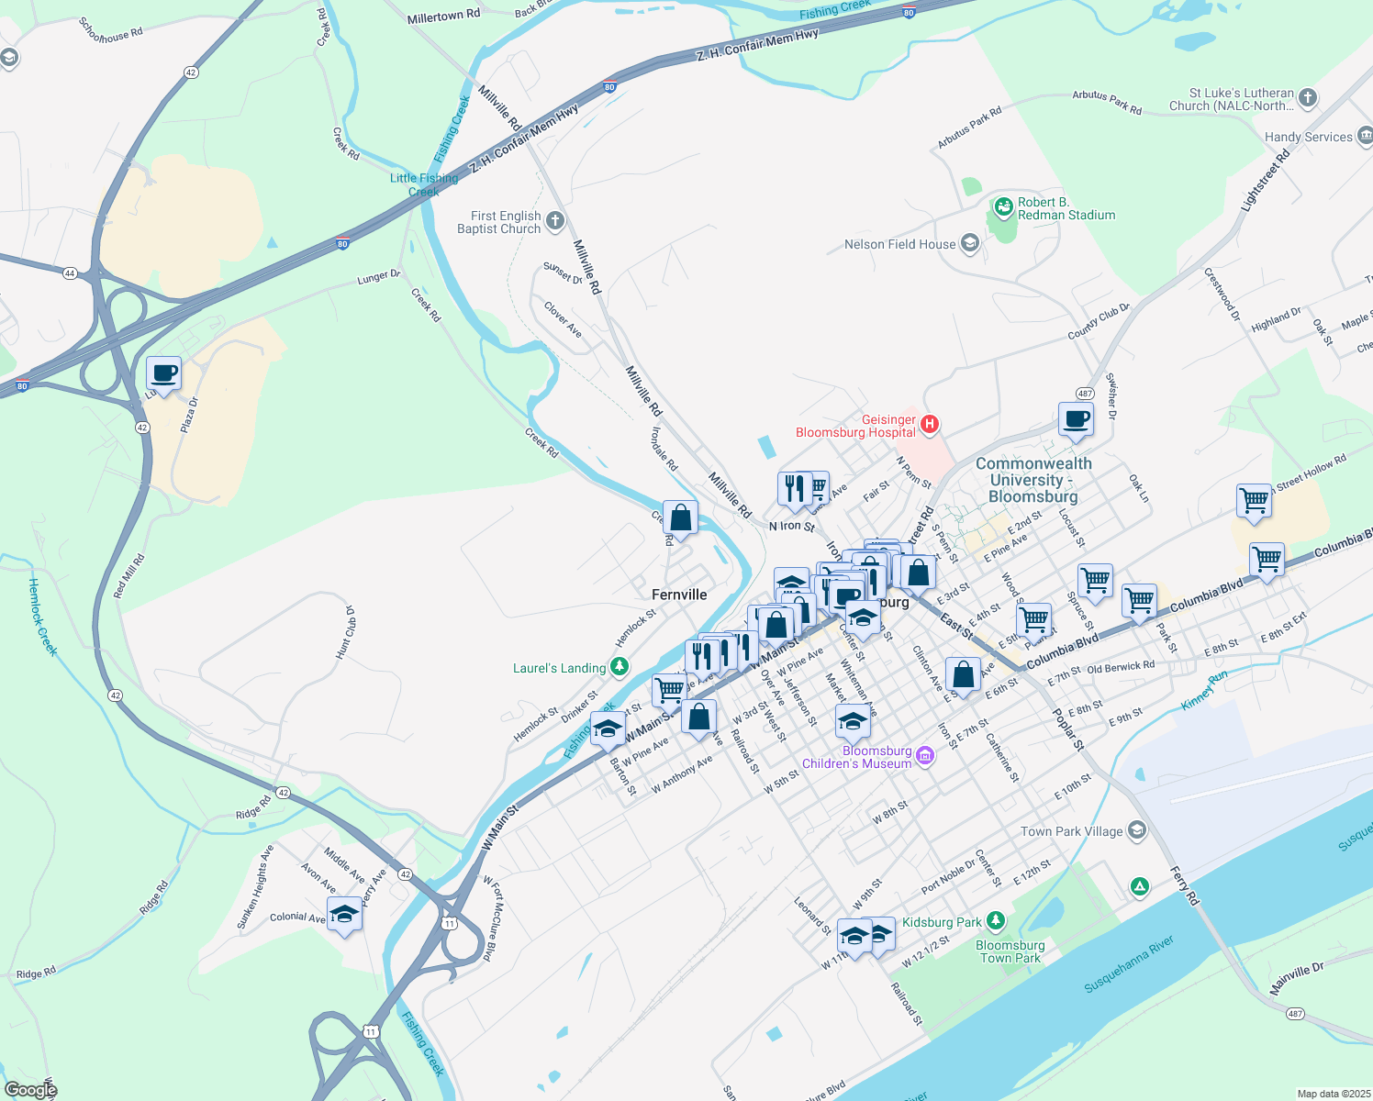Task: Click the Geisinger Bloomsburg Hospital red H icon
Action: [929, 423]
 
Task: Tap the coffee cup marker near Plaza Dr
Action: [163, 374]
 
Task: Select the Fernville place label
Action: [679, 595]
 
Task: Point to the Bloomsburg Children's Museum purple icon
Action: [925, 757]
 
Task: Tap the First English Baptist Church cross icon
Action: [554, 221]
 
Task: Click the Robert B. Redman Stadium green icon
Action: [1003, 208]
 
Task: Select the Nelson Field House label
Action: [899, 244]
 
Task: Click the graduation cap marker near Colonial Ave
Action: [345, 915]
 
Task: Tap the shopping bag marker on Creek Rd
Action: [680, 518]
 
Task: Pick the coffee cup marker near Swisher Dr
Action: [1076, 420]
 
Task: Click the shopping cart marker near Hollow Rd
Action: [1254, 502]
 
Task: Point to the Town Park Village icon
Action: [1137, 830]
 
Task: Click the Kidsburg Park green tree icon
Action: [995, 921]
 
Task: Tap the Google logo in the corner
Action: [30, 1090]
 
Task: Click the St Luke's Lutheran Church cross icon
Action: [1308, 97]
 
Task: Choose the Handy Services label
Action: [1308, 137]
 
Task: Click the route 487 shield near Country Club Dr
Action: [1085, 394]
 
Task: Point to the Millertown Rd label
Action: [443, 16]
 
